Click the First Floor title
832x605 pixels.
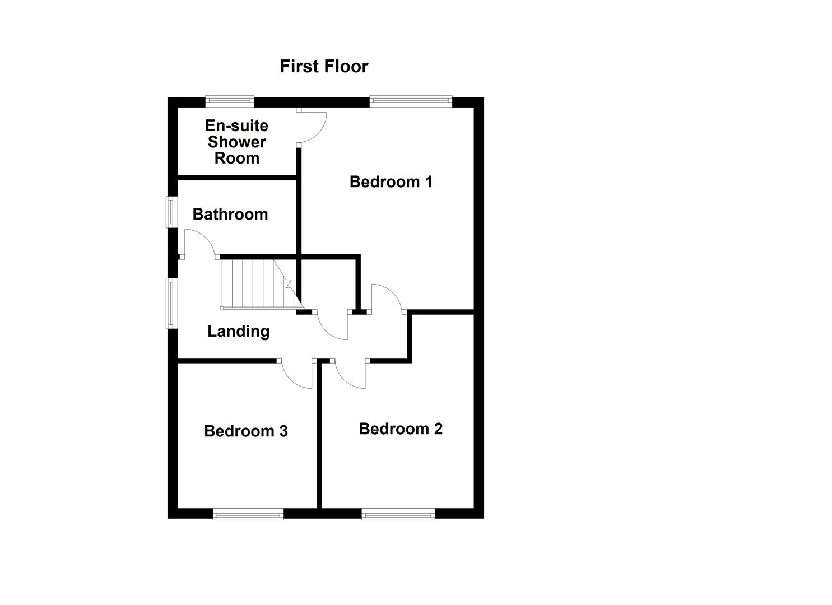324,66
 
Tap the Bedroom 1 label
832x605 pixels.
391,182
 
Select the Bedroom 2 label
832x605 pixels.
400,429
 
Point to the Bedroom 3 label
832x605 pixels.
245,431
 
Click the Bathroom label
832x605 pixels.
230,214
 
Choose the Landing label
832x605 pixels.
238,331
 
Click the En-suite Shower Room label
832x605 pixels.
236,142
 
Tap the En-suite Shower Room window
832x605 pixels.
229,101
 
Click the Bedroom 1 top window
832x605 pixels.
410,101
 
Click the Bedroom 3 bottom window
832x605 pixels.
248,514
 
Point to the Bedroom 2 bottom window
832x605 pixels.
398,514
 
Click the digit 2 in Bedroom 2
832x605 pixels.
437,429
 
